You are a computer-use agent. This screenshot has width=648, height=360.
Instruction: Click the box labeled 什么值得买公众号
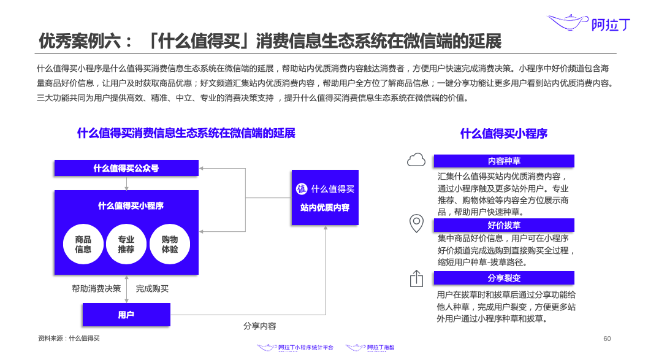(126, 168)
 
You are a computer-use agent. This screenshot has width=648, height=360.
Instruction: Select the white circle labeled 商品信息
(83, 244)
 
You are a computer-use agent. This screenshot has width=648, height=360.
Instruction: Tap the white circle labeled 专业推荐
(126, 244)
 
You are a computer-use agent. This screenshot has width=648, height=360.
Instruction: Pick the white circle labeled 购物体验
(170, 244)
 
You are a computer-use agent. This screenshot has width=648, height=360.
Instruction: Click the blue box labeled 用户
(126, 315)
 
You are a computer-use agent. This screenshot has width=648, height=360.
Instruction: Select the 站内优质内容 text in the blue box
(325, 208)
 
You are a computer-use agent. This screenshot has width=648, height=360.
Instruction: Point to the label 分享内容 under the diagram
(259, 326)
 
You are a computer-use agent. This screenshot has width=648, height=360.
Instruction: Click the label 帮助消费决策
(96, 288)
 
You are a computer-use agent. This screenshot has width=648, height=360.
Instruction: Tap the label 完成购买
(152, 288)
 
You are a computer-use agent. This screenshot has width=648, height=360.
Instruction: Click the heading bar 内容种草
(504, 161)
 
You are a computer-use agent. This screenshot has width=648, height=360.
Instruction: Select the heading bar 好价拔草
(504, 225)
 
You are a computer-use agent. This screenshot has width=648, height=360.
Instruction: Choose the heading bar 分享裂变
(504, 278)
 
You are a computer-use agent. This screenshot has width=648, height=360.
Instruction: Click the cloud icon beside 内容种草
(416, 160)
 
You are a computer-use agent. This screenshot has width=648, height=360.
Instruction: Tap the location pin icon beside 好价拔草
(416, 224)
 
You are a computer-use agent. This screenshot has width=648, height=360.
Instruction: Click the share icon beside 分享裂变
(416, 278)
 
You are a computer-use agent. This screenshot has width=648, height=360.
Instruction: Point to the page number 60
(607, 339)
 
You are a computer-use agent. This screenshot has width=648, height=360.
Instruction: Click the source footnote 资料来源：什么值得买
(69, 338)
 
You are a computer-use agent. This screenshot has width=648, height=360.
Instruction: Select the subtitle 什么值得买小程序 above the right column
(504, 134)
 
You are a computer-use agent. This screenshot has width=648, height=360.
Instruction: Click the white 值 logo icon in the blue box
(302, 189)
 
